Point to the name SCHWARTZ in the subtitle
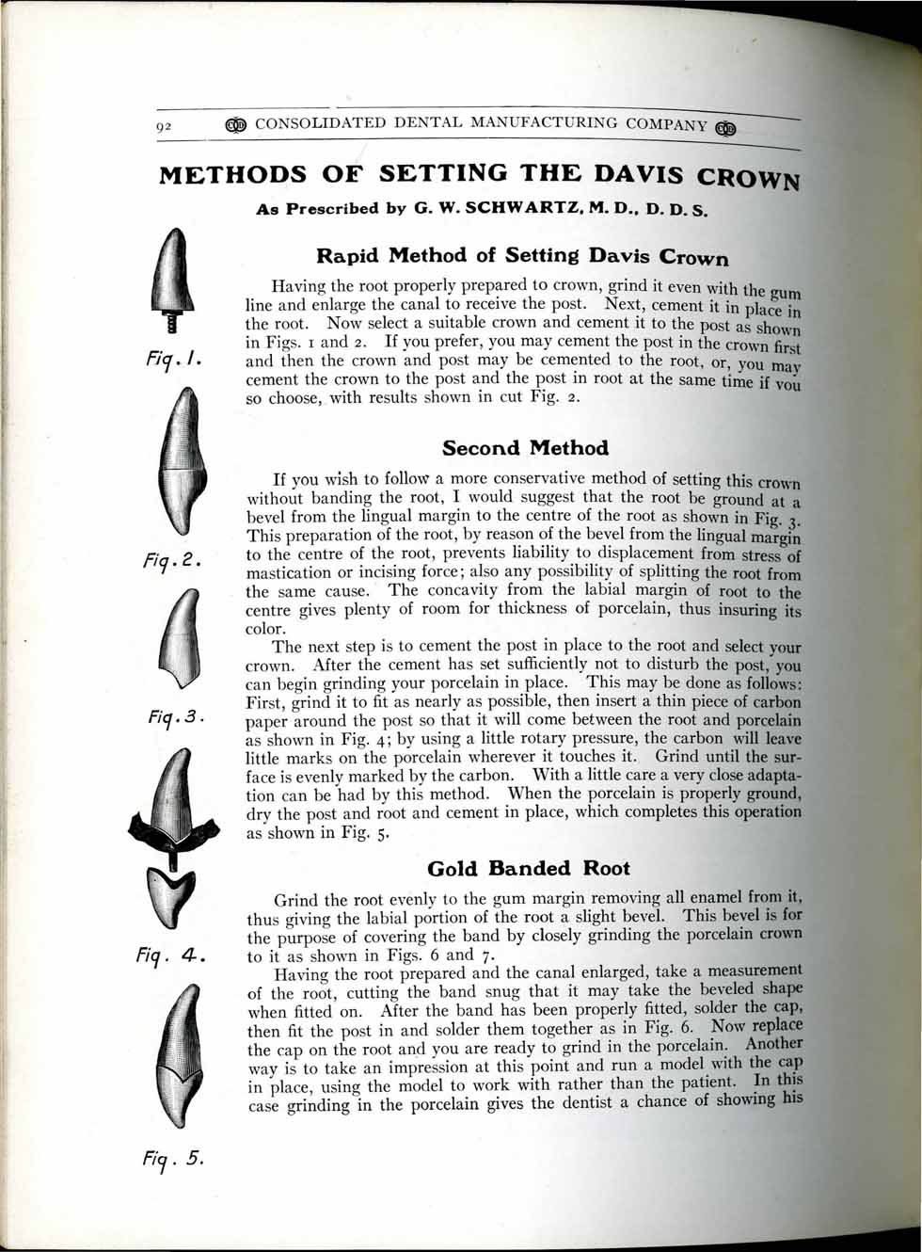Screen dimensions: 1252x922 (x=525, y=208)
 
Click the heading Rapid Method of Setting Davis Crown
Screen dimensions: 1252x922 (x=522, y=255)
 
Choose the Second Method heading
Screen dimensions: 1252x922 (x=525, y=448)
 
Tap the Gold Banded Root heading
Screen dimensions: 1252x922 (x=528, y=868)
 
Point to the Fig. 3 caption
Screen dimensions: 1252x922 (x=174, y=718)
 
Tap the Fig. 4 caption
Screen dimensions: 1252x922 (x=173, y=955)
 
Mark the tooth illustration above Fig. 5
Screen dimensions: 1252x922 (x=176, y=1054)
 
